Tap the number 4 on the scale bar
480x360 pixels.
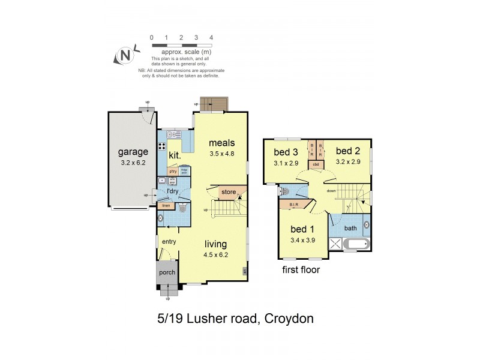click(211, 38)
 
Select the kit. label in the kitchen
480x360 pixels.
click(175, 155)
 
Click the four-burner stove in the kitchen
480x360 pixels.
click(161, 146)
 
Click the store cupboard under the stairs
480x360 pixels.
click(229, 193)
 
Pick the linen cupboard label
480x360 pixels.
click(166, 206)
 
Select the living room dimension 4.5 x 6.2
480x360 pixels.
click(215, 254)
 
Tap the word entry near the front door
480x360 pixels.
click(168, 241)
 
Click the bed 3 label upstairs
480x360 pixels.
click(286, 151)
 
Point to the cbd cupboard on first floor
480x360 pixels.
click(316, 164)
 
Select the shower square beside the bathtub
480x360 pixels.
click(334, 244)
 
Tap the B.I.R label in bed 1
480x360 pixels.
click(293, 205)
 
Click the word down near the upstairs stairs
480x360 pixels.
click(331, 191)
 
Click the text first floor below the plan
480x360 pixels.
click(301, 270)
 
